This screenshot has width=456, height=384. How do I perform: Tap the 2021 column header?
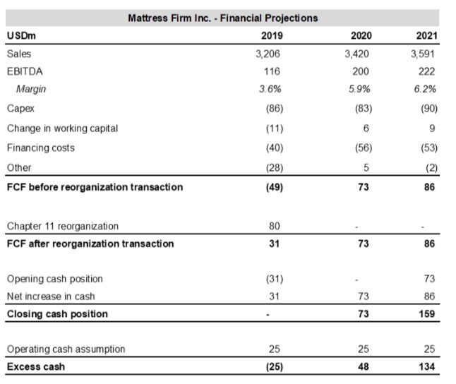coord(426,35)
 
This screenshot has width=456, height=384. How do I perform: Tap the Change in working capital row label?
coord(62,128)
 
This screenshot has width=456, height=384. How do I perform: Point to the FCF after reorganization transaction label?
coord(90,244)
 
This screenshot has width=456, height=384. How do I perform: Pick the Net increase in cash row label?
coord(50,296)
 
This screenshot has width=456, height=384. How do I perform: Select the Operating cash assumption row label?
coord(66,349)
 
